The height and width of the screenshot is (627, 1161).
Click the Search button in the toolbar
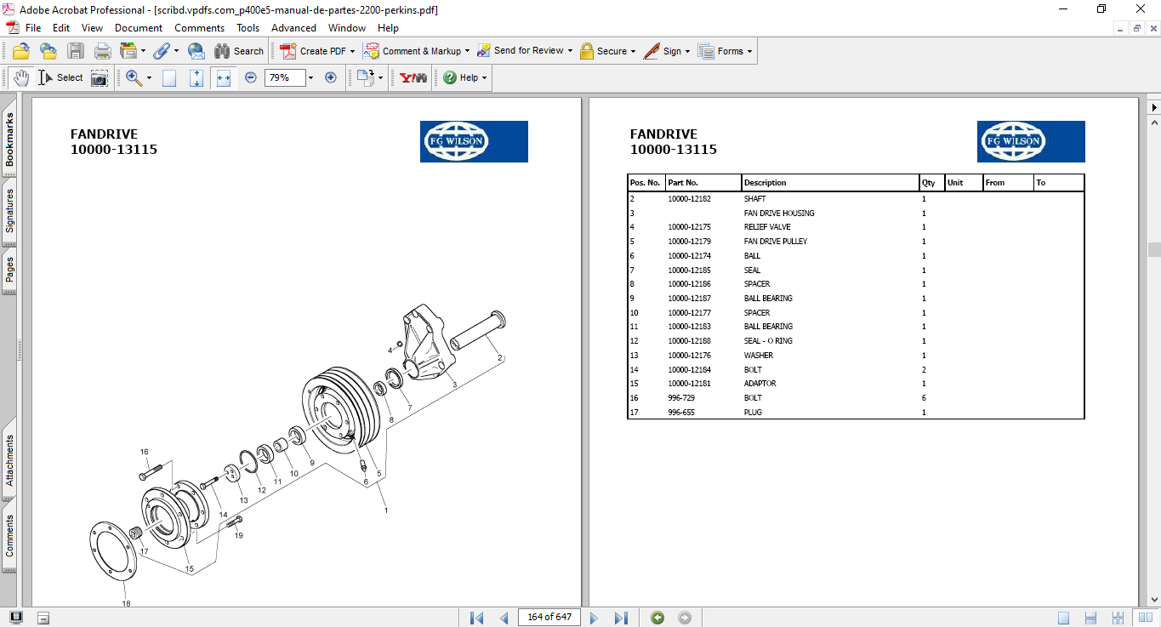pos(239,51)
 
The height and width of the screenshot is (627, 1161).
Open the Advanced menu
pos(293,28)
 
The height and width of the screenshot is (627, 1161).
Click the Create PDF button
pos(317,51)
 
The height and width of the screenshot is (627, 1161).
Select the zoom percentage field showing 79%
pos(285,77)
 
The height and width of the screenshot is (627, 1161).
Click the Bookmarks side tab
pos(9,140)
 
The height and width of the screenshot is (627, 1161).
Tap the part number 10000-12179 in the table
pos(689,241)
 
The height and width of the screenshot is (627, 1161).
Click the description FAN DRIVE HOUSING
pos(778,214)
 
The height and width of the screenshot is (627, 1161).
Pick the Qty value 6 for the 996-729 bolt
pos(924,398)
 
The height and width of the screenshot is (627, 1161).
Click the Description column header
pos(765,183)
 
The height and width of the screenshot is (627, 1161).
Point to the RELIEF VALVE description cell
pos(767,227)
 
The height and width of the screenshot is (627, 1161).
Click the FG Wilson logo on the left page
pos(474,141)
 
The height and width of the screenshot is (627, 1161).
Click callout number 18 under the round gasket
pos(126,603)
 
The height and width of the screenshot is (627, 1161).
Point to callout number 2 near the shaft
pos(499,357)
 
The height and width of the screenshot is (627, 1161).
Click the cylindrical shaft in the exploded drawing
pos(477,330)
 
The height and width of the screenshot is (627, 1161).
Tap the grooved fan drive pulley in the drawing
pos(342,409)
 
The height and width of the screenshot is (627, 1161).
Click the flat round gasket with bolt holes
pos(113,550)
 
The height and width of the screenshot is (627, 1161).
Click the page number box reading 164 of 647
pos(549,617)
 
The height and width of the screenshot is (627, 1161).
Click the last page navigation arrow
pos(621,618)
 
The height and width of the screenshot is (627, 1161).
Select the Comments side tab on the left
pos(9,536)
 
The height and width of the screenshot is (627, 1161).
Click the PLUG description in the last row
pos(753,413)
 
